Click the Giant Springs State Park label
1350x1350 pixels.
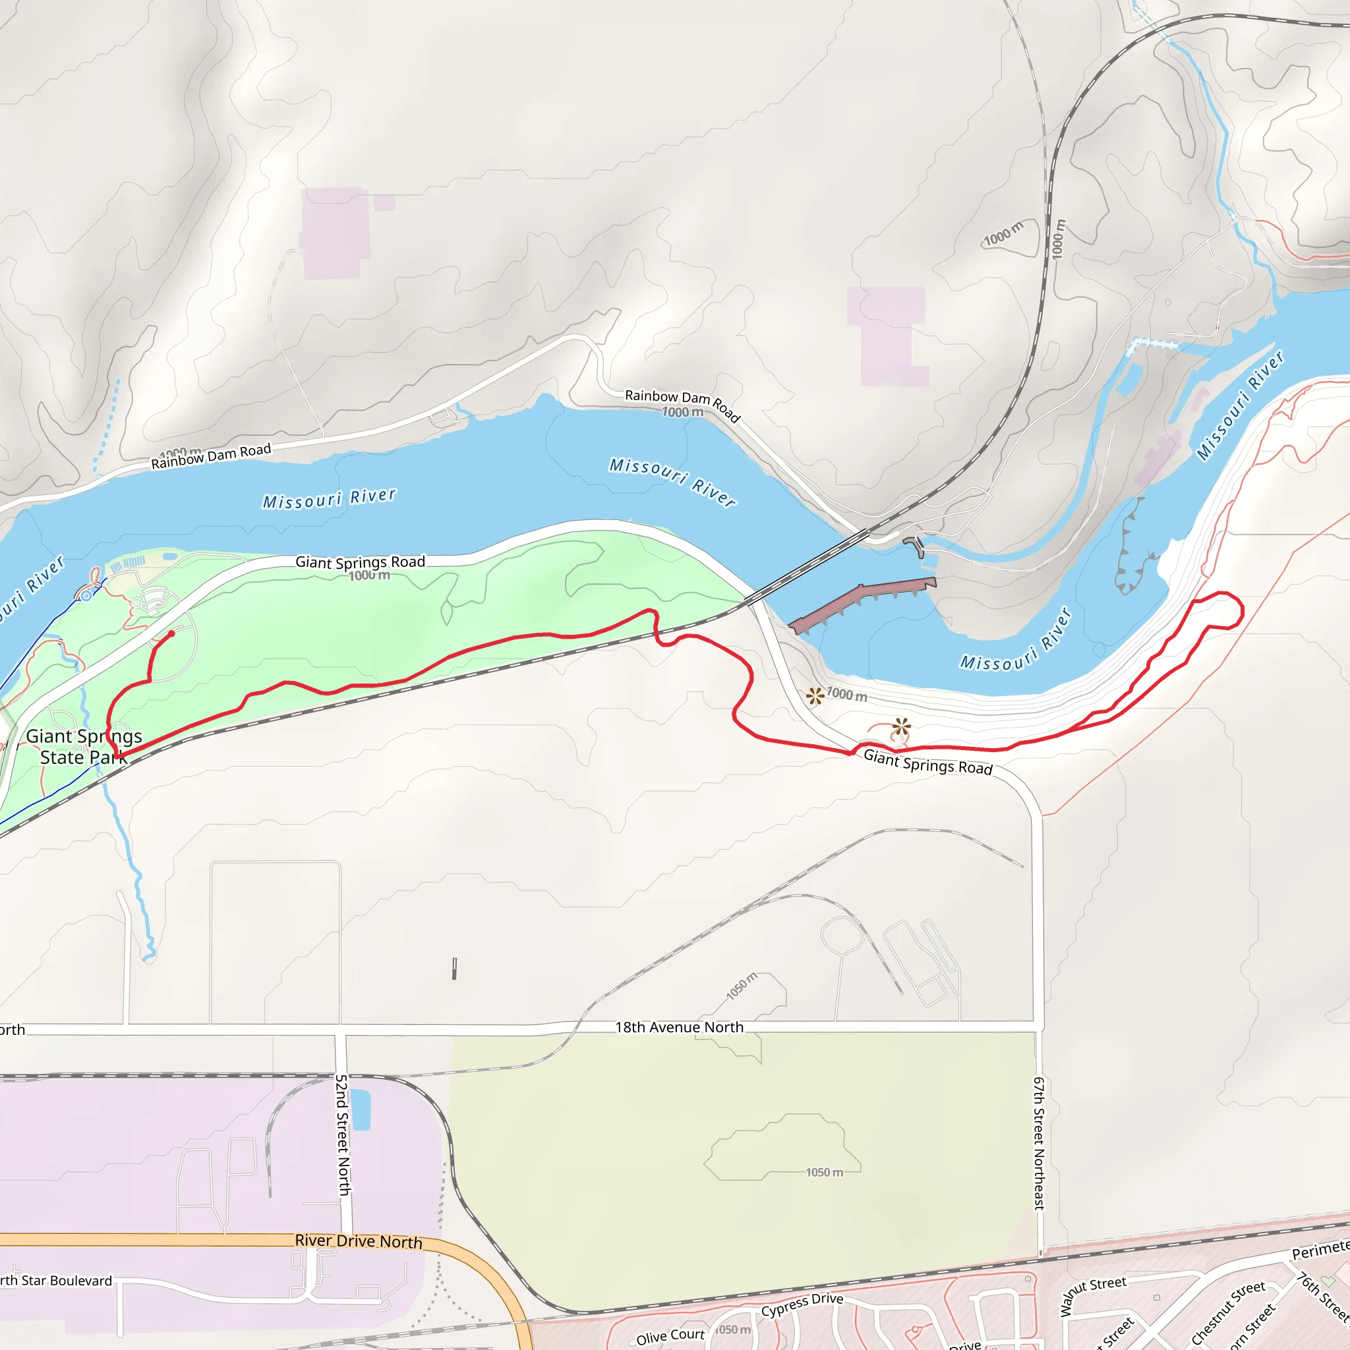point(84,746)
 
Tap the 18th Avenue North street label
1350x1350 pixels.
point(679,1027)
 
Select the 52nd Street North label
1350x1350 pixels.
point(342,1136)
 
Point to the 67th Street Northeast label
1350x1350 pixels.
point(1039,1143)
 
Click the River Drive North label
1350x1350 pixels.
point(359,1241)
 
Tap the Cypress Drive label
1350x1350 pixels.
point(802,1305)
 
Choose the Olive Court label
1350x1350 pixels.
point(670,1336)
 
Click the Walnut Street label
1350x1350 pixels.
point(1093,1295)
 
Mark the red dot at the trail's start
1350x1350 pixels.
point(171,633)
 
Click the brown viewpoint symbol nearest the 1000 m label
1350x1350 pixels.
point(815,695)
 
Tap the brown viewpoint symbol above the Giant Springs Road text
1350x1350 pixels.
point(901,726)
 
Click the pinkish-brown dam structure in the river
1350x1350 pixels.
point(863,602)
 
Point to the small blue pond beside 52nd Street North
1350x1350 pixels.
point(361,1109)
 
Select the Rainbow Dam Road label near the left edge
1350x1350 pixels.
point(211,456)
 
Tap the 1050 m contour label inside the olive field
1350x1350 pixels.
point(824,1173)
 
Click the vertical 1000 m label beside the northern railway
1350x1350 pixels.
point(1059,239)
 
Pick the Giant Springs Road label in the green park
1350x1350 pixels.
point(360,562)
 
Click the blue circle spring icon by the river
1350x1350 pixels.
point(86,596)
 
